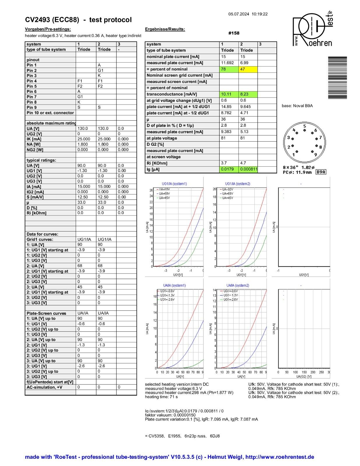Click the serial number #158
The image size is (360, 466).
coord(234,33)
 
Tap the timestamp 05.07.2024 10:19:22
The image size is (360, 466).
coord(248,14)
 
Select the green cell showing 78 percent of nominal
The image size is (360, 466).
coord(229,69)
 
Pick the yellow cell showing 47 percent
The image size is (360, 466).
coord(248,69)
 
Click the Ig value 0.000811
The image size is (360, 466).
coord(248,170)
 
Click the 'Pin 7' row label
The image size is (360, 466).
coord(32,97)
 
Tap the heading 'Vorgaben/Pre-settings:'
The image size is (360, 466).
coord(48,29)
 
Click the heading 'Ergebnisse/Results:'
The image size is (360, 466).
coord(165,29)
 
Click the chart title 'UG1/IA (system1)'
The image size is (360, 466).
coord(174,184)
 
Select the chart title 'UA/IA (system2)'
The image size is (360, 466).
coord(238,285)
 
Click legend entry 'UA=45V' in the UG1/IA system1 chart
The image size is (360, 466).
coord(164,198)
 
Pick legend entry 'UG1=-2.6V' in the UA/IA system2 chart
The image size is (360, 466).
coord(230,299)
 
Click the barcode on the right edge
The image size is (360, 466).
coord(337,78)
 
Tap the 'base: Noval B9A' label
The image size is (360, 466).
coord(297,106)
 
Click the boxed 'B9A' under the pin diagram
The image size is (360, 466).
coord(321,172)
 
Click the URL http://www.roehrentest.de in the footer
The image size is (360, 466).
coord(280,457)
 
